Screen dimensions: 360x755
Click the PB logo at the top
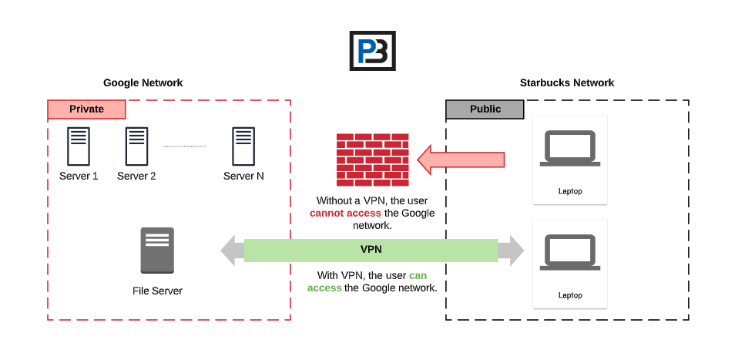click(x=372, y=52)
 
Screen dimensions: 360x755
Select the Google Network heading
click(x=143, y=83)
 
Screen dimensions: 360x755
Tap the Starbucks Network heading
click(x=567, y=83)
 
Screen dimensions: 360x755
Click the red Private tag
click(x=86, y=109)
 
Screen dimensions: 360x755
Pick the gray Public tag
click(x=485, y=109)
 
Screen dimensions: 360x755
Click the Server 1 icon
click(x=78, y=146)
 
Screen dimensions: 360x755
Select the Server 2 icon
click(x=136, y=146)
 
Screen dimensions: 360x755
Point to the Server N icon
click(x=243, y=146)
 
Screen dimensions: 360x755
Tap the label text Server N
click(x=243, y=177)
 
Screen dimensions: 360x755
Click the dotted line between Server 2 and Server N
click(x=184, y=146)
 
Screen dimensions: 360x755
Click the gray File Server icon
click(x=157, y=251)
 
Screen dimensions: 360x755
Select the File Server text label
click(x=157, y=291)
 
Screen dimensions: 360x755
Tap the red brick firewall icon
click(x=372, y=160)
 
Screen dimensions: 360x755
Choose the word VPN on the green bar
click(x=371, y=250)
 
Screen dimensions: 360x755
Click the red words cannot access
click(x=345, y=214)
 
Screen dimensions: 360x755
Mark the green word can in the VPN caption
click(x=417, y=275)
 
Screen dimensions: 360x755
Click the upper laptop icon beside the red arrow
click(x=569, y=148)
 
